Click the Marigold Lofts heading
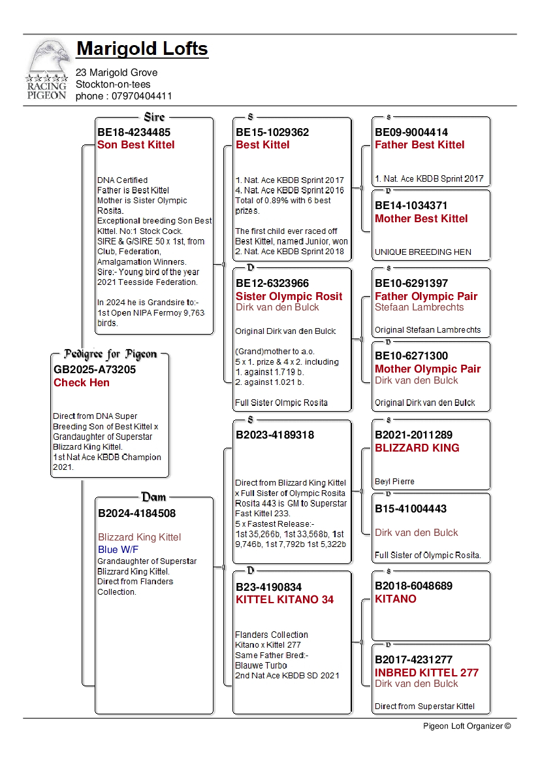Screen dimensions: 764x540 [x=142, y=49]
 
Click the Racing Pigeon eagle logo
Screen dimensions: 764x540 [x=46, y=69]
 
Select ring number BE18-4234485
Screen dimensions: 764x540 [x=134, y=132]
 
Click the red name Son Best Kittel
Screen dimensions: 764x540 [x=136, y=144]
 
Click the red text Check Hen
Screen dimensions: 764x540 [x=82, y=382]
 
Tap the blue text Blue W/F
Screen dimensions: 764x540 [x=118, y=550]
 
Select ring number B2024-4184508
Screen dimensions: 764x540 [x=136, y=513]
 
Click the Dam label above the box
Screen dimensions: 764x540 [x=154, y=497]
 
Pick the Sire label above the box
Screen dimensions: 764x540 [x=154, y=117]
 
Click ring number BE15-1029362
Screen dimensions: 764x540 [x=272, y=132]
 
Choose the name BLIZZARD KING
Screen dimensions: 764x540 [x=417, y=448]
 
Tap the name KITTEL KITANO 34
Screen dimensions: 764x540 [x=285, y=599]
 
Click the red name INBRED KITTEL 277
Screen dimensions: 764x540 [x=426, y=673]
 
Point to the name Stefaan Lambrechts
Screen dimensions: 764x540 [x=419, y=307]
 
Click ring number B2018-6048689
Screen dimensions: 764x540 [x=413, y=586]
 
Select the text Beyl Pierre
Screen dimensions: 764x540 [x=394, y=482]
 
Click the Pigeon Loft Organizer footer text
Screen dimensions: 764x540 [x=466, y=725]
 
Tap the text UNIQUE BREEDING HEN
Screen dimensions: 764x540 [x=422, y=252]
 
